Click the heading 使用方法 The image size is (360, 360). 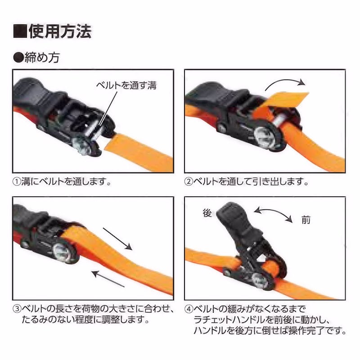60,31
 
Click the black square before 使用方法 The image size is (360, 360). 20,31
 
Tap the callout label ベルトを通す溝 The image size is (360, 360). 126,85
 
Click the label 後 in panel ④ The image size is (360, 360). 207,213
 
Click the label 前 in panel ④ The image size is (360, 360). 306,220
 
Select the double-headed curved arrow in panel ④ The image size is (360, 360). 273,212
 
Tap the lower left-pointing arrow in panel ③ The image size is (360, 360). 108,279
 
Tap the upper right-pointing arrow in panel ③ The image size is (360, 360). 117,239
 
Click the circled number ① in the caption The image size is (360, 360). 17,182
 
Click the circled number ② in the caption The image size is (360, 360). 189,182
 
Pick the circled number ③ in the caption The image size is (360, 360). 17,309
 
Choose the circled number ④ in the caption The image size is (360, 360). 189,309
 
